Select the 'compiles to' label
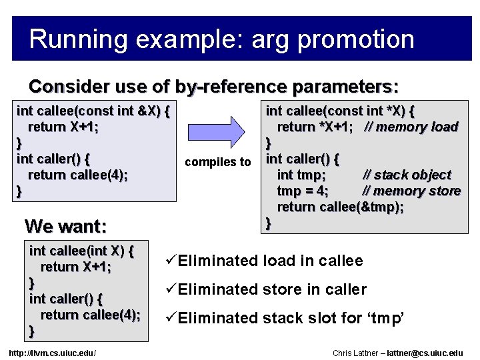[x=218, y=162]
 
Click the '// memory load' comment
[x=411, y=127]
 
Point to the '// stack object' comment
[x=406, y=175]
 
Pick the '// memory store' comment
[x=411, y=191]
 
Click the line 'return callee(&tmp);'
[x=340, y=207]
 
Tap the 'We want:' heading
[x=65, y=227]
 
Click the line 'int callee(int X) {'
[x=82, y=252]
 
